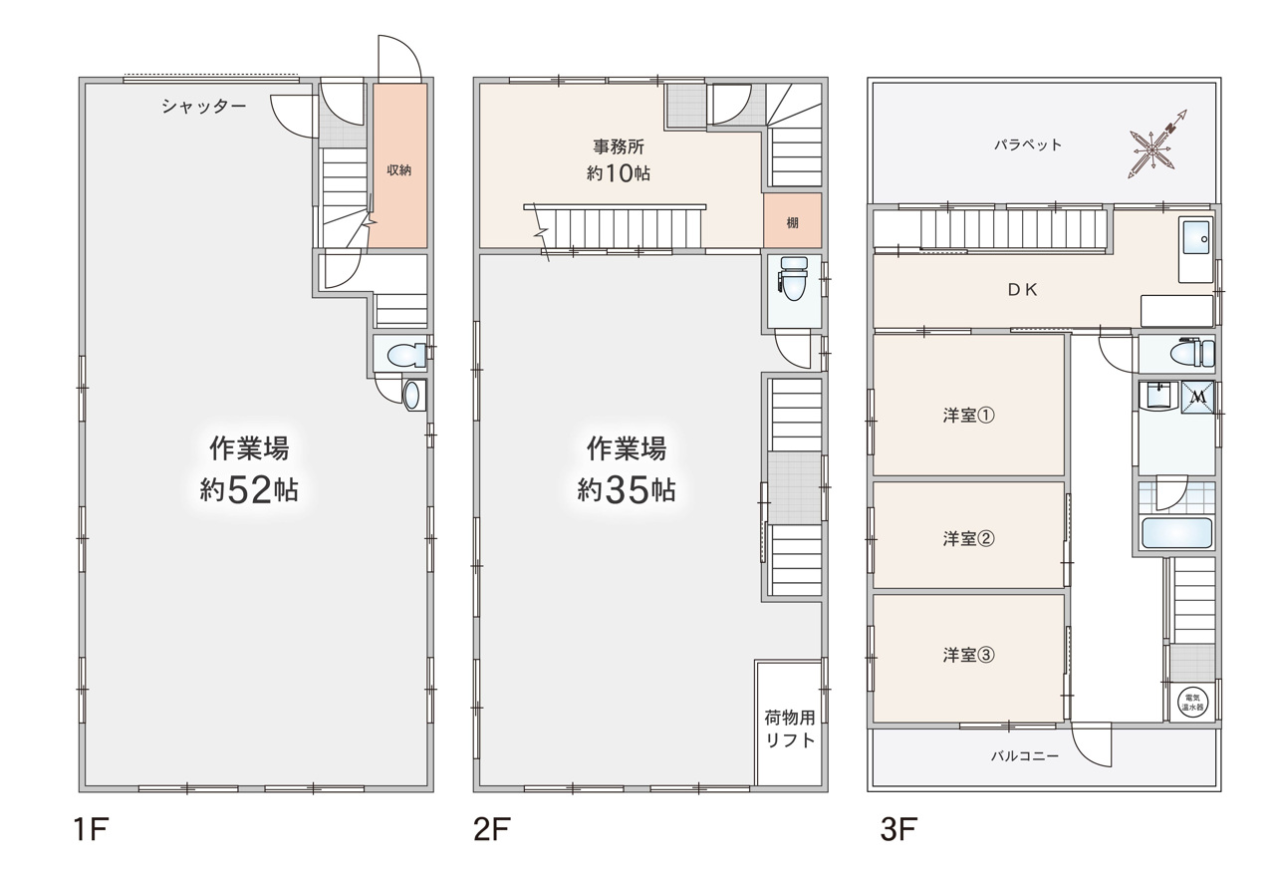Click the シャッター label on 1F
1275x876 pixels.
click(204, 106)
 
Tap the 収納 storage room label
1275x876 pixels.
click(399, 169)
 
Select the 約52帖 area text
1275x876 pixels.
click(249, 489)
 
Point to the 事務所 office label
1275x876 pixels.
click(619, 146)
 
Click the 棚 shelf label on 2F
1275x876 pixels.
click(792, 222)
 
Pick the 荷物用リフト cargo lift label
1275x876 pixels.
click(790, 730)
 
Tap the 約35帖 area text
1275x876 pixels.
click(627, 489)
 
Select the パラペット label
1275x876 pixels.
click(1028, 146)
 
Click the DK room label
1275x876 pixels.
click(1023, 290)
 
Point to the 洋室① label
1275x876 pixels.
click(969, 416)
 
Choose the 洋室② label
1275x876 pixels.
click(969, 538)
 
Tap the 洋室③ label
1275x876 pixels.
click(969, 655)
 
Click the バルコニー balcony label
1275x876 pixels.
click(1025, 755)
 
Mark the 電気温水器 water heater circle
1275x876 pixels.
click(1192, 703)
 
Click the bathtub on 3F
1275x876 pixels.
click(1177, 532)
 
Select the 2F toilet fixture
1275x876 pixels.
click(794, 278)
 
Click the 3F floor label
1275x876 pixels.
click(898, 829)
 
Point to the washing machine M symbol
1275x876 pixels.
click(1197, 397)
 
